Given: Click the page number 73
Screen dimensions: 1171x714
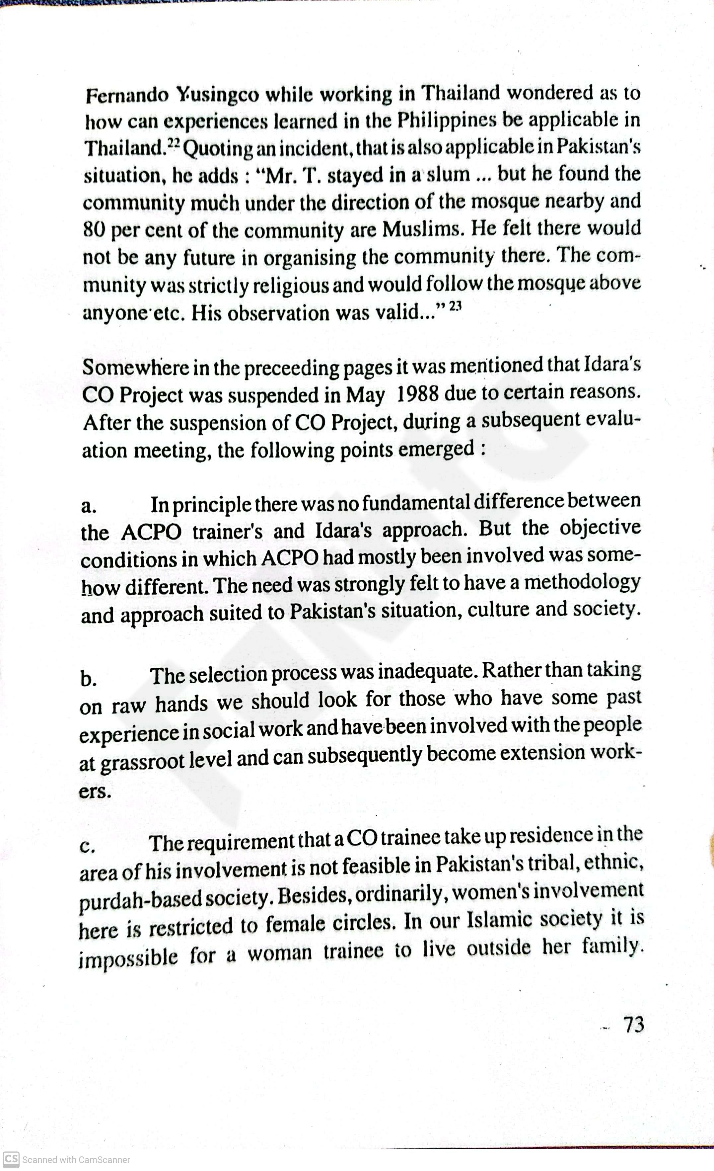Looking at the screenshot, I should (x=634, y=1025).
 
